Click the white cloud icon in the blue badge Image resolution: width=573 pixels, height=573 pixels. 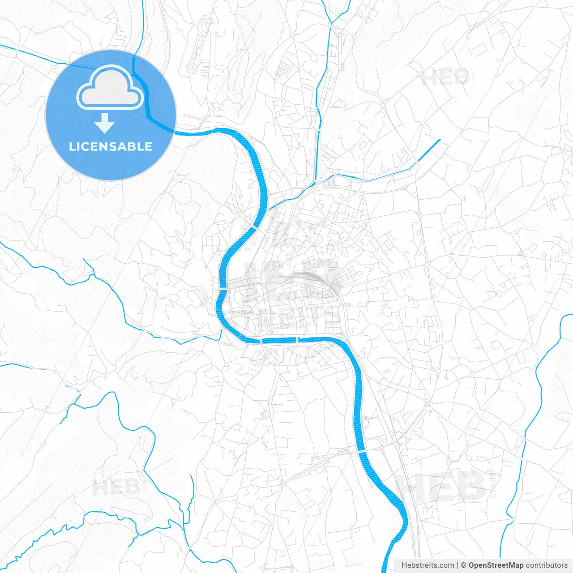tap(110, 88)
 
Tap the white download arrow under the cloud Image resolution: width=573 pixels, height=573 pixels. tap(105, 123)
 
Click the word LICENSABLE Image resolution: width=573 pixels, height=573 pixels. tap(111, 146)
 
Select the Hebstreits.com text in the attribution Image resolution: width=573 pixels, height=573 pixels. tap(428, 565)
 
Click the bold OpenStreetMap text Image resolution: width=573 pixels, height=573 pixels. tap(496, 565)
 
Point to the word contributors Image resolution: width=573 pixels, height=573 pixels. tap(547, 565)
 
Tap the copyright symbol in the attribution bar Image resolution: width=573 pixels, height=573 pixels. tap(464, 565)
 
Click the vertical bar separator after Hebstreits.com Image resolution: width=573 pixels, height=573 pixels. tap(458, 565)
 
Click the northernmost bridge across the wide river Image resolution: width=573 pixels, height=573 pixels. tap(256, 227)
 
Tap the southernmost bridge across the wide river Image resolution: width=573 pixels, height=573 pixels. tap(362, 451)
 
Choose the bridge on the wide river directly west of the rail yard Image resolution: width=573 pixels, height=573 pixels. tap(222, 290)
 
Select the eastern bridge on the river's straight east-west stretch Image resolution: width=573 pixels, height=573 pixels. tap(298, 341)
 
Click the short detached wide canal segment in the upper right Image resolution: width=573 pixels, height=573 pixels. tap(429, 150)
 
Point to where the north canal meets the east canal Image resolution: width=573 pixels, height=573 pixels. tap(316, 182)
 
